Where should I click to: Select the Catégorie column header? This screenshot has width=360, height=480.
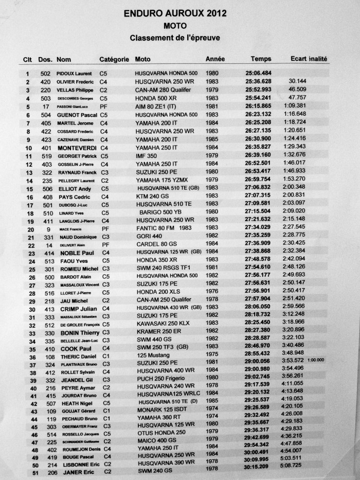114,59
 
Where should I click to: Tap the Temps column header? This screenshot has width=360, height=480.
261,59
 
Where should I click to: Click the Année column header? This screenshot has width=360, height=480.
215,59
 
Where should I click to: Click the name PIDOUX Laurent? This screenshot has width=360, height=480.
74,74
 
